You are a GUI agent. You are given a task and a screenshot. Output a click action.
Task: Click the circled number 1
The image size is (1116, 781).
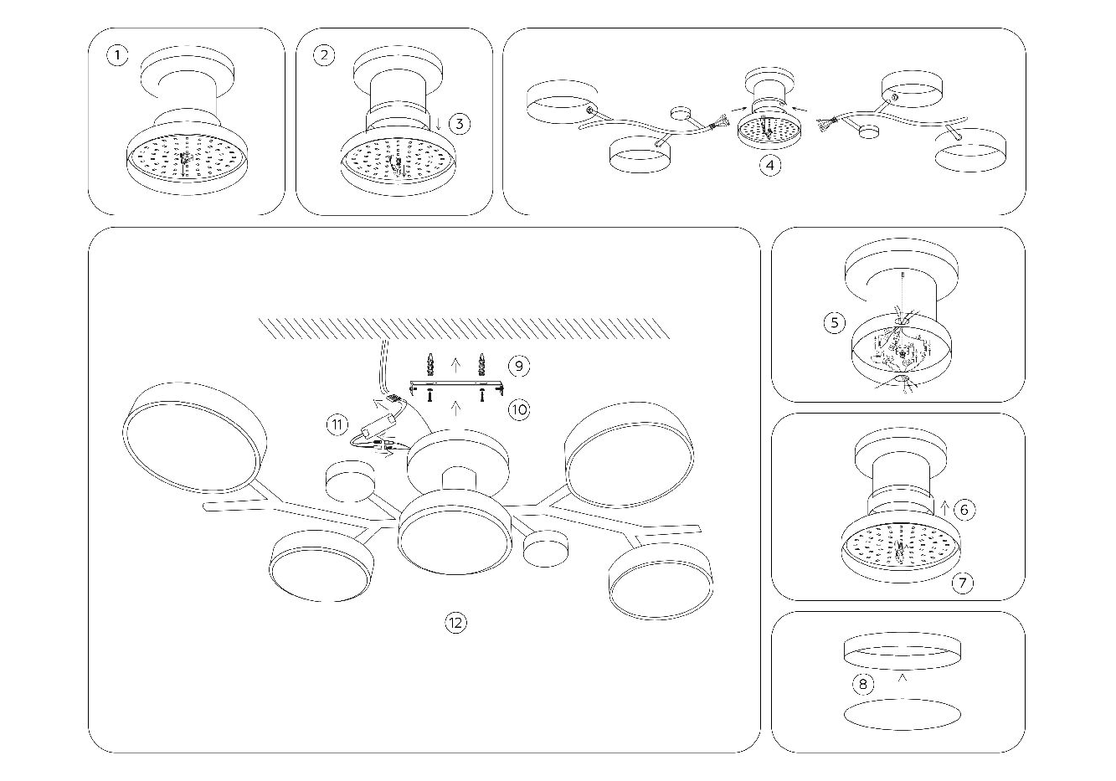click(x=118, y=56)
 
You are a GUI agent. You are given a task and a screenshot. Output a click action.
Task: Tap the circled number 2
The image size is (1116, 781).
click(x=324, y=56)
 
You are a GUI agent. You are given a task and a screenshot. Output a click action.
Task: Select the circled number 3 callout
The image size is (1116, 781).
click(x=459, y=124)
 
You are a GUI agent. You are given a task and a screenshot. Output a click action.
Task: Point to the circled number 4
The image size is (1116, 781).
click(x=770, y=165)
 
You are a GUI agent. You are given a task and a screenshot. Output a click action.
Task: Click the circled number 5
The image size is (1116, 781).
click(x=834, y=322)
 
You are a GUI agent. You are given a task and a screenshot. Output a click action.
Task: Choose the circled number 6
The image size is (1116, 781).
click(x=964, y=508)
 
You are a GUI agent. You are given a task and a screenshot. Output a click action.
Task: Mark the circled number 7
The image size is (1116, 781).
click(x=964, y=582)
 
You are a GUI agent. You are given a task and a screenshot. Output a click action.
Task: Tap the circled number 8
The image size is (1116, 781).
click(x=863, y=684)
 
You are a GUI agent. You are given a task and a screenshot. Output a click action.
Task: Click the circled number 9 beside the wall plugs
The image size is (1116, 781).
click(x=518, y=366)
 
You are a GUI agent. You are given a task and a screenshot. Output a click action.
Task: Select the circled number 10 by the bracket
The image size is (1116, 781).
click(x=518, y=409)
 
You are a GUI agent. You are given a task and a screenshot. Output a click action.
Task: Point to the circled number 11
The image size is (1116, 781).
click(x=337, y=424)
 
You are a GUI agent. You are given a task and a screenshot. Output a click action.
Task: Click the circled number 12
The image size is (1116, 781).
click(x=455, y=622)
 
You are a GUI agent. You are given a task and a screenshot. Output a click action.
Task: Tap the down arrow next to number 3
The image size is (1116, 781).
click(x=439, y=124)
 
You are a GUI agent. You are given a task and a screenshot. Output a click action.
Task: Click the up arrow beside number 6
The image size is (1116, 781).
click(x=944, y=507)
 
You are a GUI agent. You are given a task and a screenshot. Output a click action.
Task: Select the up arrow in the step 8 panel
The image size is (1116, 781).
click(x=903, y=678)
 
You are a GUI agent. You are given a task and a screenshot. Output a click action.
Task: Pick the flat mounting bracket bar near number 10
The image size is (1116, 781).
click(x=456, y=387)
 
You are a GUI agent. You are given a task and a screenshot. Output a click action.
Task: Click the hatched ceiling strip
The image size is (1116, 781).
click(x=465, y=328)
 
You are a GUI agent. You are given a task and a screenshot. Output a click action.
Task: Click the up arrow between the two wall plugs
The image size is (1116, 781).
click(x=455, y=363)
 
